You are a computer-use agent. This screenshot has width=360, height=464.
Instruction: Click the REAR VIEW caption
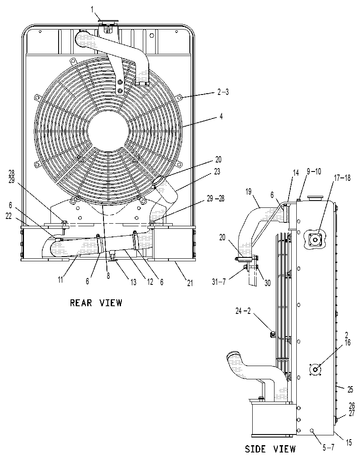pyautogui.click(x=96, y=303)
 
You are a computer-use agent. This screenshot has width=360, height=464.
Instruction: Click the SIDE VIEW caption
pyautogui.click(x=270, y=449)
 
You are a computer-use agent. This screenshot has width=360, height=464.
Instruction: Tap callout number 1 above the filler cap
pyautogui.click(x=93, y=10)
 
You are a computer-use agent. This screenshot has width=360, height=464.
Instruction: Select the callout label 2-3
pyautogui.click(x=223, y=92)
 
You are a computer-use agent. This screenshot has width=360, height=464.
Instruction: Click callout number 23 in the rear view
pyautogui.click(x=217, y=171)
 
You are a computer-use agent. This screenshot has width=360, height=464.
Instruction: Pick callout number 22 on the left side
pyautogui.click(x=9, y=216)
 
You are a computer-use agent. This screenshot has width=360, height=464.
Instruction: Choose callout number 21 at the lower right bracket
pyautogui.click(x=189, y=283)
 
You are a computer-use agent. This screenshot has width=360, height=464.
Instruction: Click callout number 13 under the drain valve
pyautogui.click(x=134, y=282)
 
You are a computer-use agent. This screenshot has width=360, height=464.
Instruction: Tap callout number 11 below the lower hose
pyautogui.click(x=61, y=279)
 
